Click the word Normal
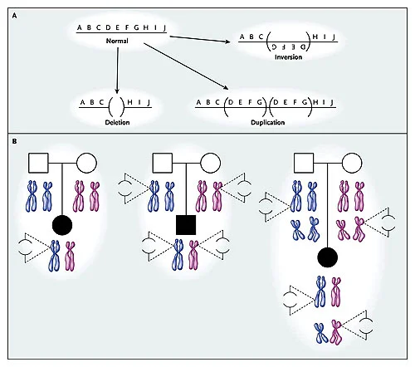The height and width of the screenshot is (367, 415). pyautogui.click(x=117, y=41)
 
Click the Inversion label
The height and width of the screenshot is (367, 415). pyautogui.click(x=288, y=57)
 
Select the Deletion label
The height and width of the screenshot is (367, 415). pyautogui.click(x=117, y=122)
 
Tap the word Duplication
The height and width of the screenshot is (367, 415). pyautogui.click(x=267, y=122)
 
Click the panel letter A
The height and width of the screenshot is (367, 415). pyautogui.click(x=14, y=16)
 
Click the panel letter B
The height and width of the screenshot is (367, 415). pyautogui.click(x=14, y=141)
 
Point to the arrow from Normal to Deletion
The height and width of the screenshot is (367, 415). pyautogui.click(x=118, y=71)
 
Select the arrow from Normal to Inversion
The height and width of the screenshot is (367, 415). pyautogui.click(x=200, y=39)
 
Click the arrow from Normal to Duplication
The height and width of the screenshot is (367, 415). pyautogui.click(x=186, y=66)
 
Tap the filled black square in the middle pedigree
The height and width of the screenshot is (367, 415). pyautogui.click(x=186, y=225)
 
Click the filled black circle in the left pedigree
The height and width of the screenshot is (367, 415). pyautogui.click(x=62, y=225)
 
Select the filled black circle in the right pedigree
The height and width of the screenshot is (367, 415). pyautogui.click(x=328, y=257)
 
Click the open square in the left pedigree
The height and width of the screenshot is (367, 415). pyautogui.click(x=38, y=163)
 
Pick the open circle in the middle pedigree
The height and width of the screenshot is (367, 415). pyautogui.click(x=210, y=163)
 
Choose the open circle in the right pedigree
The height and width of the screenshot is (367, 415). pyautogui.click(x=352, y=163)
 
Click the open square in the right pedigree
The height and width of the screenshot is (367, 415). pyautogui.click(x=304, y=163)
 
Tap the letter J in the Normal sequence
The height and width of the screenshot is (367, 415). pyautogui.click(x=164, y=28)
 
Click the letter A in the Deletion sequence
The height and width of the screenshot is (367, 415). pyautogui.click(x=82, y=103)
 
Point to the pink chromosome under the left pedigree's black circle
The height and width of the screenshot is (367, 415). pyautogui.click(x=70, y=257)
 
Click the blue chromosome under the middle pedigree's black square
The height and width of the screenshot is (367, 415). pyautogui.click(x=178, y=255)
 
